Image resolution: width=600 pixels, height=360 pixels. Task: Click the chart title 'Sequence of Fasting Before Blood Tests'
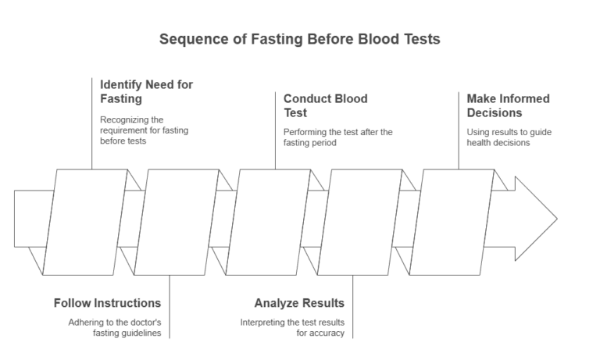300,39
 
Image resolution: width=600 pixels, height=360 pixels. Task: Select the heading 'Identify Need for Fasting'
146,91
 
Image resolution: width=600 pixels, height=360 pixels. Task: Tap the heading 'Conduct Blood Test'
325,105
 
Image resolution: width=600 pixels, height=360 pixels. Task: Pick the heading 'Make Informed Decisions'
508,105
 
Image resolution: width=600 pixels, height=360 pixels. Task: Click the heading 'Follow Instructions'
107,303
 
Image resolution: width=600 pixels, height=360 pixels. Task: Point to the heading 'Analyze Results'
299,303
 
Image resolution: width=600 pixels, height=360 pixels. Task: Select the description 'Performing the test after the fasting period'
337,137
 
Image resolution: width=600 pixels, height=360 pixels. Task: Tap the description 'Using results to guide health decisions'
509,137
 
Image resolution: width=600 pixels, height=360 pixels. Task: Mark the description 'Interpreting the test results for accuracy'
292,328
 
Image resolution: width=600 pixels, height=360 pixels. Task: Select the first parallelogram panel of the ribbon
85,222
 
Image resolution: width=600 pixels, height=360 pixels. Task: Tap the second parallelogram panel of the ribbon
177,222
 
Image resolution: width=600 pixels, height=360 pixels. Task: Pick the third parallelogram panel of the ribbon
268,222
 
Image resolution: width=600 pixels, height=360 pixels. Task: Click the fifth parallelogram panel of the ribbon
452,222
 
